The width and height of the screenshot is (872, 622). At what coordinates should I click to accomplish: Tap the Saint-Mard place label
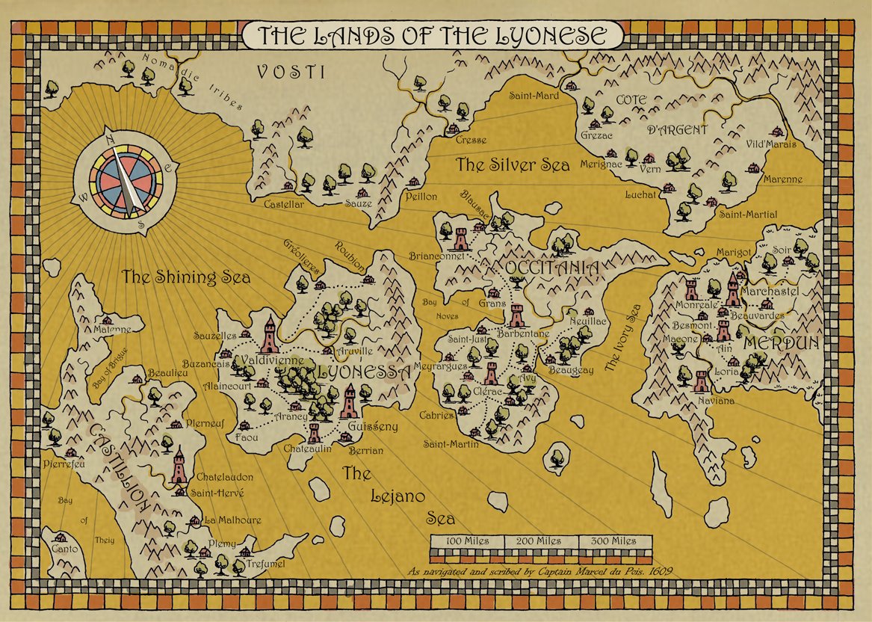pyautogui.click(x=534, y=96)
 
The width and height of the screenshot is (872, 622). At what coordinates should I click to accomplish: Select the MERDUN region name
pyautogui.click(x=781, y=345)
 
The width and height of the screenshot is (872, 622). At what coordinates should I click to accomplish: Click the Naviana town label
pyautogui.click(x=717, y=401)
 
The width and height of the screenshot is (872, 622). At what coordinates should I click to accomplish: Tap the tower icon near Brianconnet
pyautogui.click(x=460, y=238)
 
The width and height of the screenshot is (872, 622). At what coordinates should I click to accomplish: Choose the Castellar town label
pyautogui.click(x=284, y=203)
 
